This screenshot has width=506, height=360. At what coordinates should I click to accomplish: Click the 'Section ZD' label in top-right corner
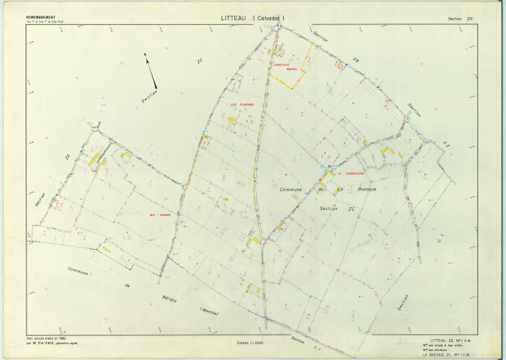pyautogui.click(x=459, y=18)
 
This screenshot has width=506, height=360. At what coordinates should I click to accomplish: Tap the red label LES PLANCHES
pyautogui.click(x=242, y=104)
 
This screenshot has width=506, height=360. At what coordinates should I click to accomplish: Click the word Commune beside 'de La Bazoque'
pyautogui.click(x=289, y=189)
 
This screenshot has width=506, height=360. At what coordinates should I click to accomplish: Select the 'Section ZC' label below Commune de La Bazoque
pyautogui.click(x=330, y=208)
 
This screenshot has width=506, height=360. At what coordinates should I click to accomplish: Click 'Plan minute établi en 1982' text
pyautogui.click(x=48, y=337)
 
